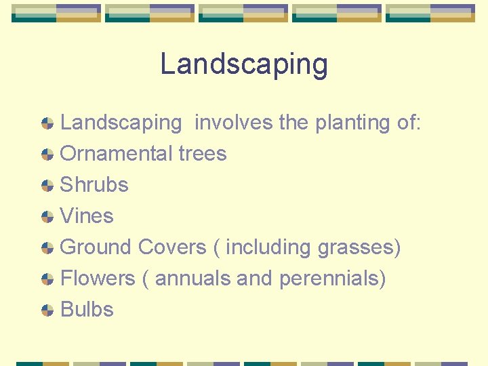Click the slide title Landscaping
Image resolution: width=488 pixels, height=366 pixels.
[x=244, y=64]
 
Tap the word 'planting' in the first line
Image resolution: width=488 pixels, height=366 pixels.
[x=346, y=123]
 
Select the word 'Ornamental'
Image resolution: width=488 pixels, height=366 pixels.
[x=117, y=154]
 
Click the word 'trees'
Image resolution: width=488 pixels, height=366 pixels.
[x=202, y=154]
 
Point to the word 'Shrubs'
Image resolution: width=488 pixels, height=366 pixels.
[x=94, y=185]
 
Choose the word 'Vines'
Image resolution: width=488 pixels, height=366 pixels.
[x=87, y=216]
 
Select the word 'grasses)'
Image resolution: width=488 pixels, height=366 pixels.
[x=359, y=247]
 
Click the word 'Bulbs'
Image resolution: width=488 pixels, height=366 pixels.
[x=87, y=310]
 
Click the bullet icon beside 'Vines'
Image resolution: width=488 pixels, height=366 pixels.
[x=47, y=217]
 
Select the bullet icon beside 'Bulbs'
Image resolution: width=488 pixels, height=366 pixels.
[x=47, y=310]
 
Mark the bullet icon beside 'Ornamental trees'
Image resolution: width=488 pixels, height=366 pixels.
[x=47, y=155]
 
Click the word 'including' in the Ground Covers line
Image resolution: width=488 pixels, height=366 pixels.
[x=269, y=247]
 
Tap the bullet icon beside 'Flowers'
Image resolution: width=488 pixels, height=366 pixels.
[x=47, y=279]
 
